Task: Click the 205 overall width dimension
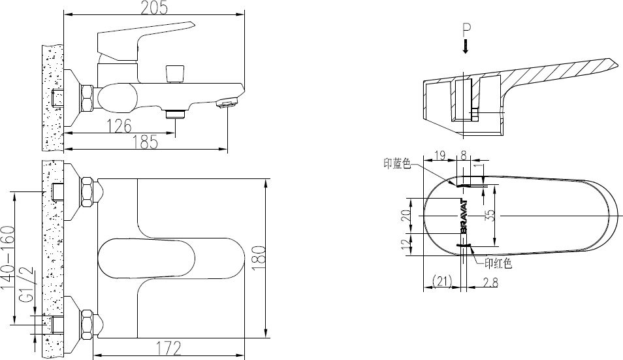tap(154, 7)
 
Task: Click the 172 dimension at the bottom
tap(168, 349)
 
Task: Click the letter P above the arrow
tap(466, 29)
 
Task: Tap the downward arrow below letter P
tap(466, 46)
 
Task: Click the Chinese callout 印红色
tap(498, 264)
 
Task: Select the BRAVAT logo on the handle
tap(464, 216)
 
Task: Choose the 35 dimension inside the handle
tap(490, 216)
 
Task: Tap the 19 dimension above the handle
tap(439, 155)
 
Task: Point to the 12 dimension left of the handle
tap(405, 245)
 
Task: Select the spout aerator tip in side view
tap(226, 102)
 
